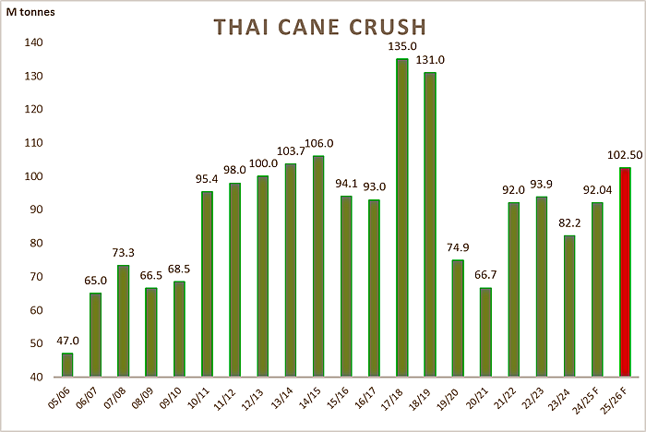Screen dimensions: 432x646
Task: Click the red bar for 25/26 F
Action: tap(625, 272)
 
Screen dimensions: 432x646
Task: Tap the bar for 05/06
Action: tap(67, 365)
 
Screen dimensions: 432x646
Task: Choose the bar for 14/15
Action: tap(317, 266)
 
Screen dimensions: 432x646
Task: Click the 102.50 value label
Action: tap(624, 155)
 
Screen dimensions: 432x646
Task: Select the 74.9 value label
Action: tap(457, 247)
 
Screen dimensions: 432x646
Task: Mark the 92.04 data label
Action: tap(596, 190)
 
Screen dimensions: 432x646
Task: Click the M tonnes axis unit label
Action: tap(30, 10)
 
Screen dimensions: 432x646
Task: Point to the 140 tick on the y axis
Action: tap(29, 42)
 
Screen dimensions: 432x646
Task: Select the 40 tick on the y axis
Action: tap(32, 377)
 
